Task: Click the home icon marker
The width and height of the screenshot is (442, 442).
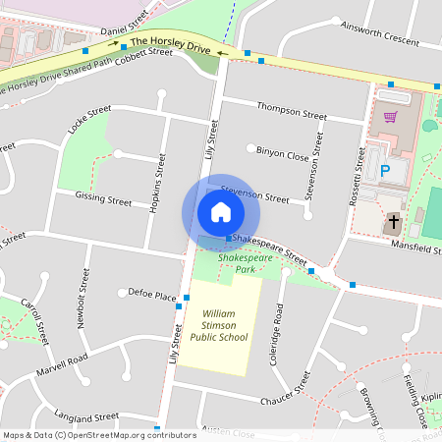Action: (x=220, y=212)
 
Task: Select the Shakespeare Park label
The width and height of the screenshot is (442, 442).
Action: (x=242, y=261)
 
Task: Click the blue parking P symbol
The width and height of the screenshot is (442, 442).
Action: (x=385, y=170)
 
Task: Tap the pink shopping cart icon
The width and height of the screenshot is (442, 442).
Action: (x=391, y=116)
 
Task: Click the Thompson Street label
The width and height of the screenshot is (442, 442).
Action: (x=290, y=109)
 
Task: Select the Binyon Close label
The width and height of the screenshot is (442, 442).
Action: (x=283, y=155)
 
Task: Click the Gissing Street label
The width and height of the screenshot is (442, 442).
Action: (x=104, y=199)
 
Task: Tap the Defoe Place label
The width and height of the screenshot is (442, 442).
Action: (x=152, y=295)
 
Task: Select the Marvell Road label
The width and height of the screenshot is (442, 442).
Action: (x=61, y=366)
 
